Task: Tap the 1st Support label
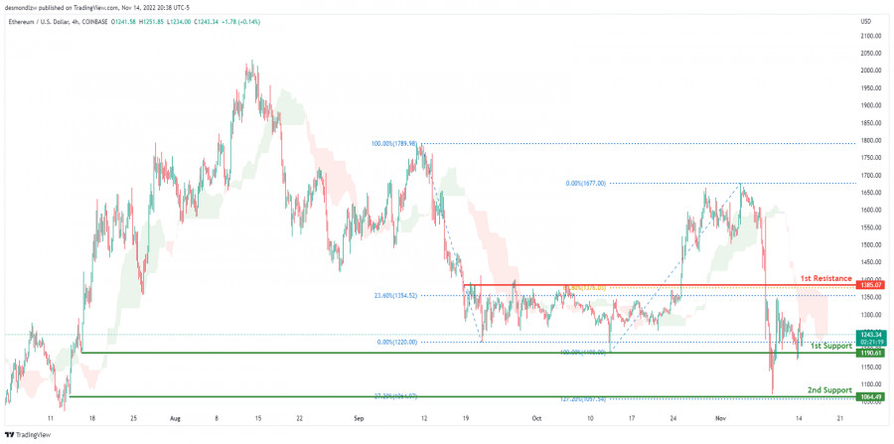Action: (x=829, y=345)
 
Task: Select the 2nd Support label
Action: (x=828, y=389)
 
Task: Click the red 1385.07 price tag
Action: (x=870, y=285)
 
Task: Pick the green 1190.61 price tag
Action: (x=870, y=353)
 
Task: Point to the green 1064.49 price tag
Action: (x=870, y=397)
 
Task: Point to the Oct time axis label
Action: (x=537, y=418)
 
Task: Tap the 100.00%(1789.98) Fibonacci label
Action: (x=393, y=144)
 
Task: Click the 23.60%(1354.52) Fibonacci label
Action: (x=394, y=295)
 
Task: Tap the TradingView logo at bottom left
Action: (x=28, y=434)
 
